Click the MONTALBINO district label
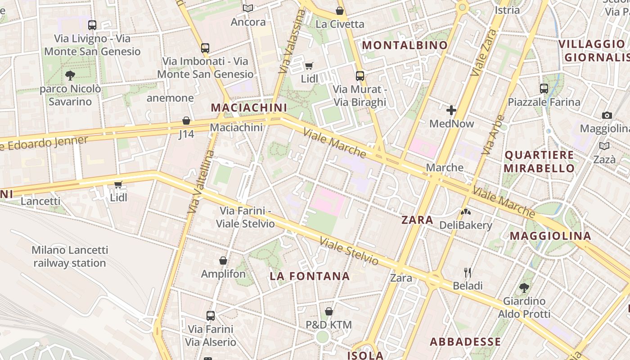[405, 45]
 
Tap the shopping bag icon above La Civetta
[340, 11]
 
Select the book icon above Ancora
[248, 8]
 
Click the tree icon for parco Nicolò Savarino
[70, 75]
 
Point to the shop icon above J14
[186, 121]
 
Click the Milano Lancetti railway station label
[70, 256]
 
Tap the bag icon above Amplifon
[223, 261]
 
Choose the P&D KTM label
[328, 324]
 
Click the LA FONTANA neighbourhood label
[310, 276]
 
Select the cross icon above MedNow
[451, 110]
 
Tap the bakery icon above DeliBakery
[465, 211]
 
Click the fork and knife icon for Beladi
[468, 272]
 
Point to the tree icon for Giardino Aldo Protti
[524, 288]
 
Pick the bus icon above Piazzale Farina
[544, 89]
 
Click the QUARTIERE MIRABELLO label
[539, 162]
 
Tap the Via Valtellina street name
[201, 182]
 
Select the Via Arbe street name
[493, 135]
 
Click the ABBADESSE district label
[465, 342]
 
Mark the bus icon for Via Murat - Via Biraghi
[360, 76]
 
